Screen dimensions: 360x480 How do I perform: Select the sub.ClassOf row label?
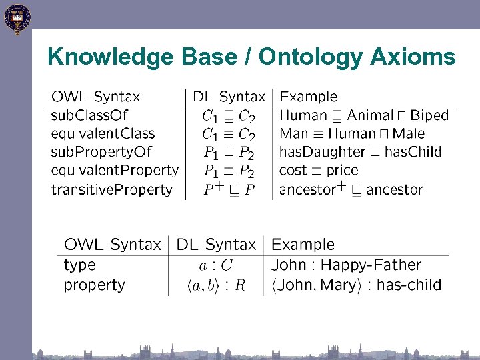[x=89, y=115]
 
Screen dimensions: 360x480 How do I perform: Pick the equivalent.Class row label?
[x=103, y=133]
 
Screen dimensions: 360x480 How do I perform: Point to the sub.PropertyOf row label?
[x=101, y=152]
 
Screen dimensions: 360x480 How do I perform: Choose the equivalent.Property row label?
[x=115, y=171]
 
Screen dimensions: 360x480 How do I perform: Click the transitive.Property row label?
[x=112, y=189]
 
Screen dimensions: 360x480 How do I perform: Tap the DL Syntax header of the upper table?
[x=229, y=97]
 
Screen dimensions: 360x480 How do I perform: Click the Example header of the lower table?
[x=303, y=245]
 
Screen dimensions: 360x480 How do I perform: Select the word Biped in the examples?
[x=429, y=115]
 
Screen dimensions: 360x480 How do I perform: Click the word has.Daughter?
[x=321, y=152]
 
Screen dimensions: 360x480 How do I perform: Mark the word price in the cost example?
[x=342, y=171]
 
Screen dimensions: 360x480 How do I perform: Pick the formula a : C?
[x=217, y=265]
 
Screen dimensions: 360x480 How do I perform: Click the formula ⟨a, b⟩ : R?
[x=217, y=285]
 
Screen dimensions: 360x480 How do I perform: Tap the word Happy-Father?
[x=373, y=265]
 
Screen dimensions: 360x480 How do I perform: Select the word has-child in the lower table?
[x=409, y=285]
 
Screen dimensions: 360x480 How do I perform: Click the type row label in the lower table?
[x=80, y=265]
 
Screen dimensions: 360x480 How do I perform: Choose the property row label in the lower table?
[x=94, y=285]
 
